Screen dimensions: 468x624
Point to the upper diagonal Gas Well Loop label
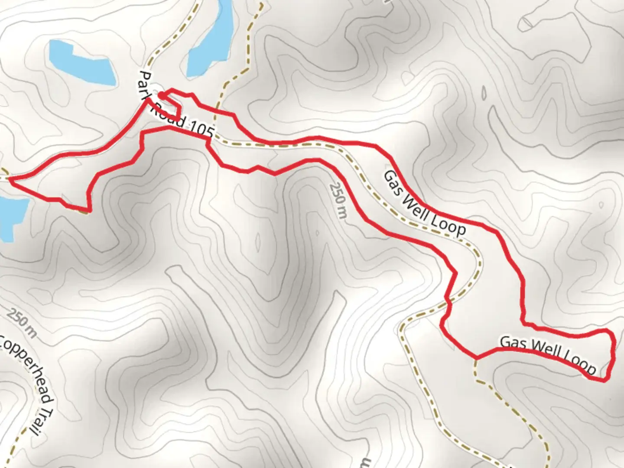(425, 204)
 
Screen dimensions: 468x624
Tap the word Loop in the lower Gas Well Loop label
(578, 363)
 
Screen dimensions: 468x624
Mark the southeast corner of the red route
(604, 380)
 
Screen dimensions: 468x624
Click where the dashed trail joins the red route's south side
(477, 357)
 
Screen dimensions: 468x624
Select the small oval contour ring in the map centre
(257, 242)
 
